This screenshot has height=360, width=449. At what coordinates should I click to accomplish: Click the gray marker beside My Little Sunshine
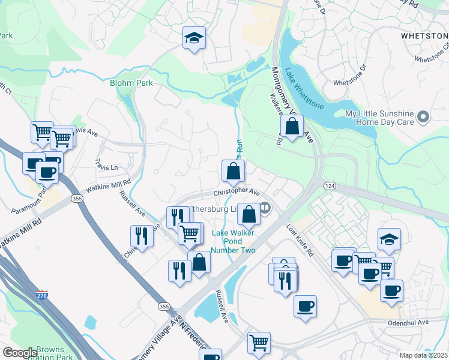coord(424,116)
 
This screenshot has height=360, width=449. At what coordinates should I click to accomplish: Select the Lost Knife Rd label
coord(300,241)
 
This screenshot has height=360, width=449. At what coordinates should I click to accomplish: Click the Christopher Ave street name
coord(237,193)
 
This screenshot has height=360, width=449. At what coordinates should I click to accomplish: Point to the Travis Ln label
coord(107,164)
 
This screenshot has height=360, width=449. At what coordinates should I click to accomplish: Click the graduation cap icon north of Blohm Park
coord(194,38)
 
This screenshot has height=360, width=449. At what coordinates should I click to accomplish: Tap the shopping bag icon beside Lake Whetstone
coord(291,127)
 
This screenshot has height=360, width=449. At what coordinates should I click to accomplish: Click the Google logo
coord(20,353)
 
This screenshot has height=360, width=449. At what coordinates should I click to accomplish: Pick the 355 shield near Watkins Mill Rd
coord(77,199)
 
